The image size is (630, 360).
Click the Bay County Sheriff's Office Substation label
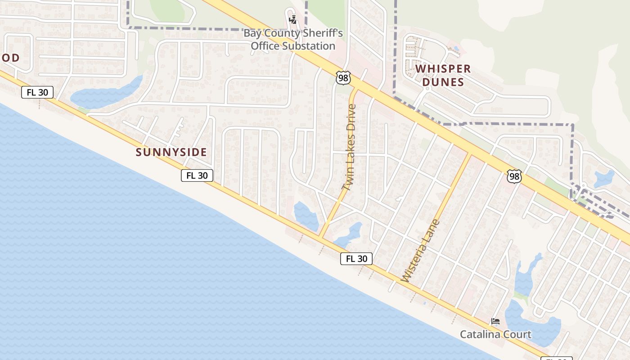pos(293,40)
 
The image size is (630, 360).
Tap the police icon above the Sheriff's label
pos(293,19)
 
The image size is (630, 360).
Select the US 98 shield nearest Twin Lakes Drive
pos(343,78)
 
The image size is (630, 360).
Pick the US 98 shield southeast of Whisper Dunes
pos(514,176)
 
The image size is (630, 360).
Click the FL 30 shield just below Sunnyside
pos(197,175)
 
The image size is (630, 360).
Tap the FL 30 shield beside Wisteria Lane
pos(356,259)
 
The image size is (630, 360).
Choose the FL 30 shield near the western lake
pos(37,93)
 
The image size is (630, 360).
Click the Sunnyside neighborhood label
pos(171,153)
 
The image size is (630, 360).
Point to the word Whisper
pos(443,69)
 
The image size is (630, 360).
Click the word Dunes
pos(443,82)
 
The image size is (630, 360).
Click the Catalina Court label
pos(495,334)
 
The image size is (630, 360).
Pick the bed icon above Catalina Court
pos(495,322)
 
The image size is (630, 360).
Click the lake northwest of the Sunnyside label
pos(106,93)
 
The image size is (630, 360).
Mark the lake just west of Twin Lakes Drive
pos(306,216)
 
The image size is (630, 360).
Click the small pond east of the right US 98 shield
pos(603,179)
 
